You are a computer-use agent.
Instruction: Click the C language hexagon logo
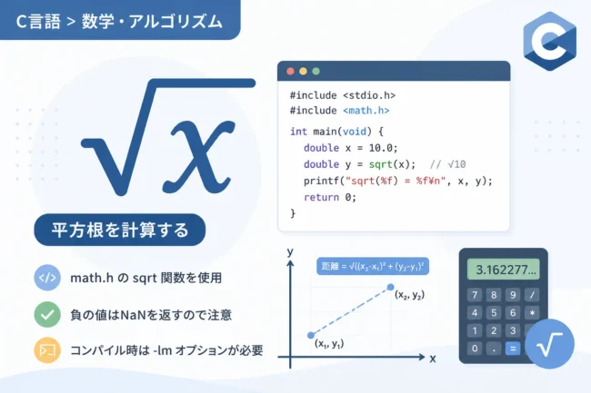click(x=550, y=41)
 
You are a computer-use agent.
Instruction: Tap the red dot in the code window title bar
click(x=290, y=71)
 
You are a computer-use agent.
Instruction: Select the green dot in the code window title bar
click(x=316, y=71)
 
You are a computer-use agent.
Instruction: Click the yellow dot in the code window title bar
click(x=303, y=71)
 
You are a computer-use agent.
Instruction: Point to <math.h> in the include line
click(x=366, y=111)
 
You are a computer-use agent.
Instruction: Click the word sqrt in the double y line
click(x=381, y=164)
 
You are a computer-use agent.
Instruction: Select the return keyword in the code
click(x=321, y=197)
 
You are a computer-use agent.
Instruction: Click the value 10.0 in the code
click(x=382, y=148)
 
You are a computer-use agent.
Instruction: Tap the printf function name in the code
click(x=321, y=181)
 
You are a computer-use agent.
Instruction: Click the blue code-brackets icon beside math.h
click(x=47, y=278)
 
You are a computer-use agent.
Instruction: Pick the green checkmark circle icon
click(x=47, y=314)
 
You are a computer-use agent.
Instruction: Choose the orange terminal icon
click(x=47, y=350)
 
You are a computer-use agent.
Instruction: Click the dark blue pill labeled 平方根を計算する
click(x=120, y=230)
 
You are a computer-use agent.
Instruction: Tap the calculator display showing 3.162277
click(x=504, y=270)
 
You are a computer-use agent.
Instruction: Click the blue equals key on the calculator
click(x=513, y=349)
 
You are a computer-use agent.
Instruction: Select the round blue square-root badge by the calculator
click(x=549, y=344)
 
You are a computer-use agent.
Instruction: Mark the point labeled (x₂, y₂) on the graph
click(x=390, y=287)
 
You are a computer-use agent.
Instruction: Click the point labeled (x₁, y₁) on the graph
click(x=311, y=335)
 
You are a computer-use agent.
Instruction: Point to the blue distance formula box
click(x=373, y=266)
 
